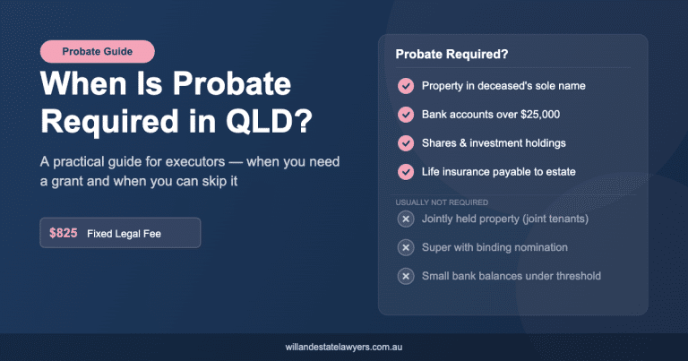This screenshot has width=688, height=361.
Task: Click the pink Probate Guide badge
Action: pos(98,52)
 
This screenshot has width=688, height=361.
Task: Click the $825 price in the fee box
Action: pos(64,233)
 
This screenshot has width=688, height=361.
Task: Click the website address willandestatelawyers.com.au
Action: pos(344,346)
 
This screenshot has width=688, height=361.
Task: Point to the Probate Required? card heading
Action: pos(451,55)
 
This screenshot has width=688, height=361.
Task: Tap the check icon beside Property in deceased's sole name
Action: pos(406,86)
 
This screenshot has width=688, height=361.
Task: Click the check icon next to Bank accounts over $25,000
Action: pos(406,115)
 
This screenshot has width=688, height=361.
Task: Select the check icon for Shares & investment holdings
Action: pos(406,143)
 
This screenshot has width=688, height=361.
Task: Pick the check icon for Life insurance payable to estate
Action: pos(406,172)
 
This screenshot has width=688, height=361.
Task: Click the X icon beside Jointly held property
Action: pos(406,219)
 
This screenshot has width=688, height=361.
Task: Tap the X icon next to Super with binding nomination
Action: pos(406,247)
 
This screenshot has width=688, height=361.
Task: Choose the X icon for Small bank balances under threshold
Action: pos(406,276)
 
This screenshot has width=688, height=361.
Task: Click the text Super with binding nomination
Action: pos(494,247)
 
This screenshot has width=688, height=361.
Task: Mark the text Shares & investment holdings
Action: pos(494,143)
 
